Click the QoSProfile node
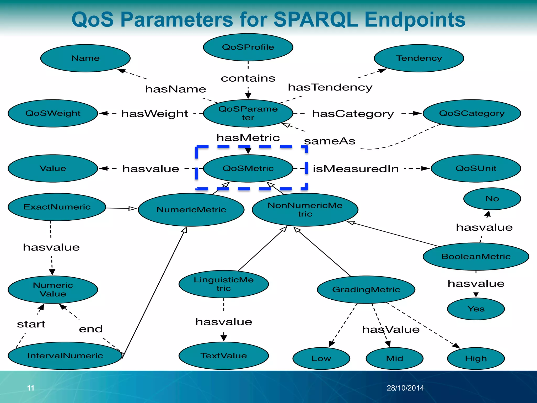click(248, 47)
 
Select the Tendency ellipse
click(419, 58)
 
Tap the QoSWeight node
click(53, 113)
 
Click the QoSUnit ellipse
click(476, 168)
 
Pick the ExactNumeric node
click(57, 207)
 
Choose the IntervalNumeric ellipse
click(65, 356)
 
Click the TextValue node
click(223, 356)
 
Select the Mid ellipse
click(394, 358)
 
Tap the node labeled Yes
click(476, 309)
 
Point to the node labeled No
click(492, 199)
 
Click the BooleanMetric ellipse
click(476, 256)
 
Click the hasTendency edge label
click(330, 87)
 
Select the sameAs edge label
click(329, 141)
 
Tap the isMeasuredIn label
click(356, 169)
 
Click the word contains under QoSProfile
click(248, 78)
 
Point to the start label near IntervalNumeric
click(31, 324)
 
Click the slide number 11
click(31, 388)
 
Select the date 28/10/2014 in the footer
click(405, 388)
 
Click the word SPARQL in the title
click(315, 20)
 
